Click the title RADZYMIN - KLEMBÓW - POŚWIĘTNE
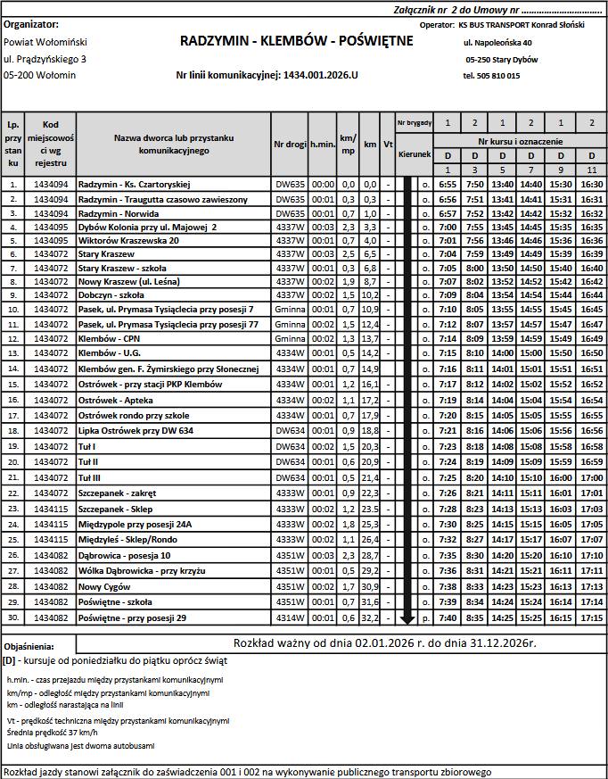296,41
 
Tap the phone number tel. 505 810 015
491,76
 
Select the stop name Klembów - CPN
111,339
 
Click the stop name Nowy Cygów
103,586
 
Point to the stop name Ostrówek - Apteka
115,401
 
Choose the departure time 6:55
448,184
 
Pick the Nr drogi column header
290,144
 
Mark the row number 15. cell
13,385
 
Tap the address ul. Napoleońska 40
497,42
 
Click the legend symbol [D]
9,661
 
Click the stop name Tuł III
93,477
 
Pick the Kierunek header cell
415,153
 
